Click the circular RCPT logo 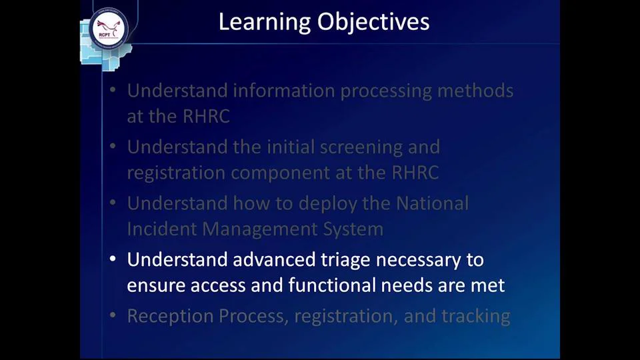tap(108, 29)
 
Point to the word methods tap(475, 91)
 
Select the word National tap(432, 203)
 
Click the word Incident tap(162, 229)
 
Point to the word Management tap(258, 229)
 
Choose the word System tap(353, 229)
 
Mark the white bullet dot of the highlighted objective tap(113, 259)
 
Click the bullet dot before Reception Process tap(113, 315)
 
